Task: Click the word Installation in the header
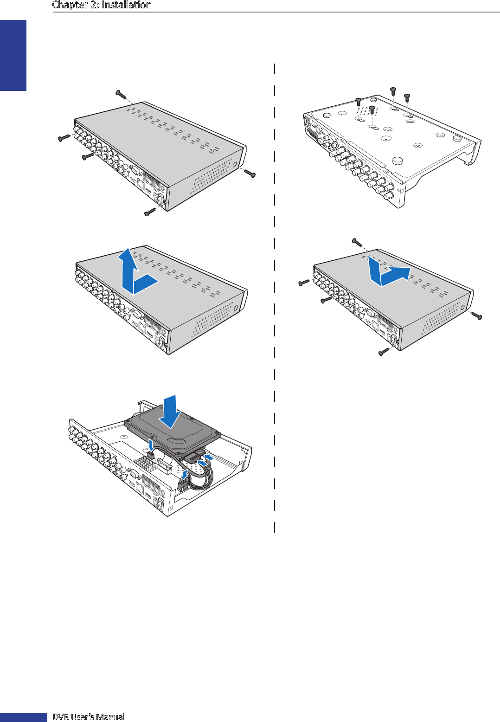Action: [127, 5]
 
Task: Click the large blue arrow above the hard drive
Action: [170, 412]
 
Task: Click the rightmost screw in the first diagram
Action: [250, 173]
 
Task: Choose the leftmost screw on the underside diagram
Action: [358, 102]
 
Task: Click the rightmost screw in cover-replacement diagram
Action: [476, 316]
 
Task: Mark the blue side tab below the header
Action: [13, 55]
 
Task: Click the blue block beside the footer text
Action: [24, 717]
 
